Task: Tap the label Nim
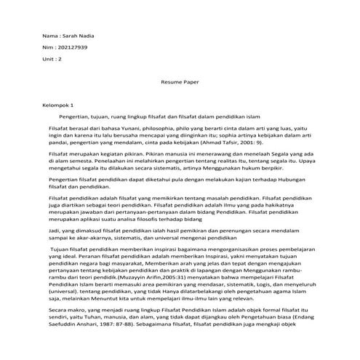tap(49, 45)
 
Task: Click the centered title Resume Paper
tap(180, 84)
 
